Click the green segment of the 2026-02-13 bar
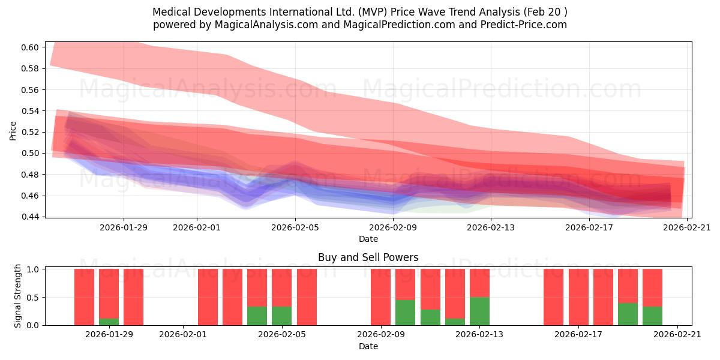pyautogui.click(x=479, y=311)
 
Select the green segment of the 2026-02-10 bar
pyautogui.click(x=405, y=313)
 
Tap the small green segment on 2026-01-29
pyautogui.click(x=109, y=322)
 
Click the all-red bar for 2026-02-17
pyautogui.click(x=578, y=297)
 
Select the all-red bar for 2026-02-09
pyautogui.click(x=380, y=297)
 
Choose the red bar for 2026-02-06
pyautogui.click(x=307, y=297)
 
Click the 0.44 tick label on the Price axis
pyautogui.click(x=31, y=217)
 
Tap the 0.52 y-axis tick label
pyautogui.click(x=31, y=132)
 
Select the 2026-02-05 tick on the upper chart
pyautogui.click(x=295, y=227)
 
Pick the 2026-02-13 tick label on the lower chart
pyautogui.click(x=479, y=335)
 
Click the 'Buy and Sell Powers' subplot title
pyautogui.click(x=368, y=257)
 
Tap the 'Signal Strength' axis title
pyautogui.click(x=18, y=296)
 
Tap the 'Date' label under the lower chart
pyautogui.click(x=368, y=346)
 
